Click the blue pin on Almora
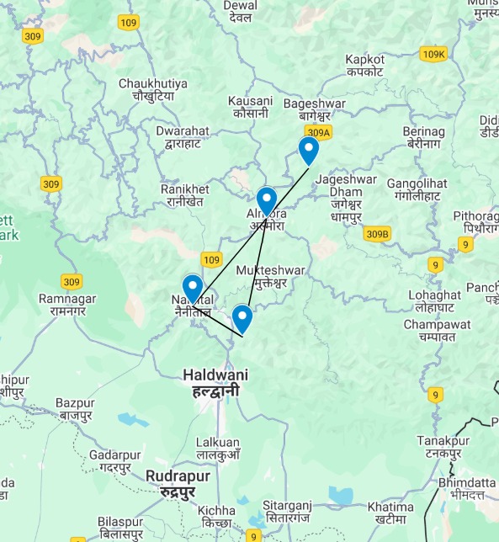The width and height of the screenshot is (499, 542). coord(266,201)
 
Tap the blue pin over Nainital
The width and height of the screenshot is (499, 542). coord(193,289)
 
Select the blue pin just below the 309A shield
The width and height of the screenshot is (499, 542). coord(309,151)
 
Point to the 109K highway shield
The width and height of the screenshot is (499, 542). coord(433,54)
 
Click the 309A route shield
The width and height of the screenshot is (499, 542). coord(319,132)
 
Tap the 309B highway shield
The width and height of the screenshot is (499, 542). coord(378,233)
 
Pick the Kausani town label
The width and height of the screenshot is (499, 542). coord(250,107)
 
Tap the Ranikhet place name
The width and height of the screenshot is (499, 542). coord(184,195)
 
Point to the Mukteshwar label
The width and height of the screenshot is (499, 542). coord(268,276)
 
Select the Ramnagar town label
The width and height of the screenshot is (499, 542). coord(69,305)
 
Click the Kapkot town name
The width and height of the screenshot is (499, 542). coord(365,66)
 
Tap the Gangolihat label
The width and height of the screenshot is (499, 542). coord(413,189)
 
